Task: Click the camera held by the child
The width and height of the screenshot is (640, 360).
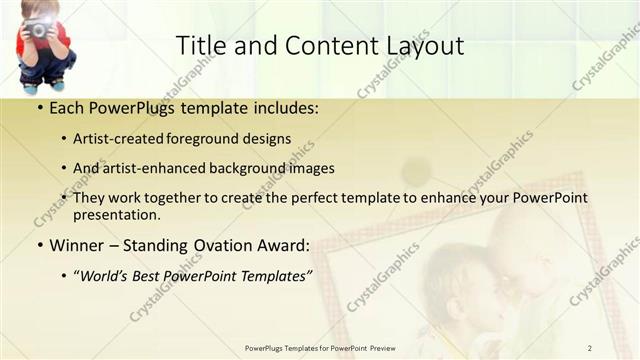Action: [x=39, y=29]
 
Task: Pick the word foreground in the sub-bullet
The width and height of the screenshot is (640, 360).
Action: [x=214, y=139]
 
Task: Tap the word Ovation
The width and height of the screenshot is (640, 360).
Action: [x=214, y=245]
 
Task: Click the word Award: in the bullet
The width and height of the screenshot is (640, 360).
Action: [x=281, y=245]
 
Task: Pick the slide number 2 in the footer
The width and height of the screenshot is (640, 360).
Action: [x=590, y=348]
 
